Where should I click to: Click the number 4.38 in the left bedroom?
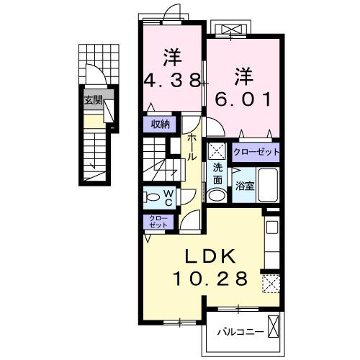pyautogui.click(x=173, y=80)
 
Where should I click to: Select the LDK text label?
pyautogui.click(x=213, y=256)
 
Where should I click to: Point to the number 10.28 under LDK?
pyautogui.click(x=213, y=277)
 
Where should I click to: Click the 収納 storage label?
pyautogui.click(x=160, y=123)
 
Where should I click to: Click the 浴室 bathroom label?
pyautogui.click(x=244, y=186)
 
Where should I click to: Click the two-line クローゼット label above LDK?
pyautogui.click(x=156, y=221)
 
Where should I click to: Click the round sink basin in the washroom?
pyautogui.click(x=216, y=194)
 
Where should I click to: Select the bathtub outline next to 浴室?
pyautogui.click(x=268, y=186)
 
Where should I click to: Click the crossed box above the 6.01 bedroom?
pyautogui.click(x=234, y=29)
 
